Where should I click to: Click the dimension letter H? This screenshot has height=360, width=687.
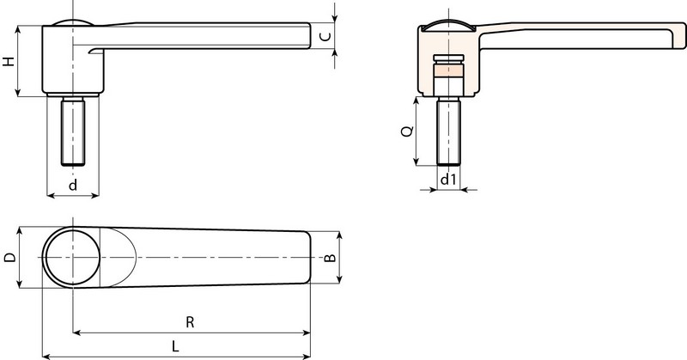pos(9,62)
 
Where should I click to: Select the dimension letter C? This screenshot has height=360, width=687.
pos(325,36)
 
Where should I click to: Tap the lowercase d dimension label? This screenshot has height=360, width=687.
pos(73,186)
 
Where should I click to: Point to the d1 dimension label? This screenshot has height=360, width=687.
pos(447,180)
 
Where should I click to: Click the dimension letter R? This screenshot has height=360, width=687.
pos(191,321)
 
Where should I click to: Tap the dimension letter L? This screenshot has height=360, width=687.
pos(175,346)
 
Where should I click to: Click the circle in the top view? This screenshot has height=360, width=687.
pos(73,258)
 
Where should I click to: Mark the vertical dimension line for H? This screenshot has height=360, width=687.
pos(20,62)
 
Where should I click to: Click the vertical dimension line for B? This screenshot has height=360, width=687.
pos(342,256)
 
